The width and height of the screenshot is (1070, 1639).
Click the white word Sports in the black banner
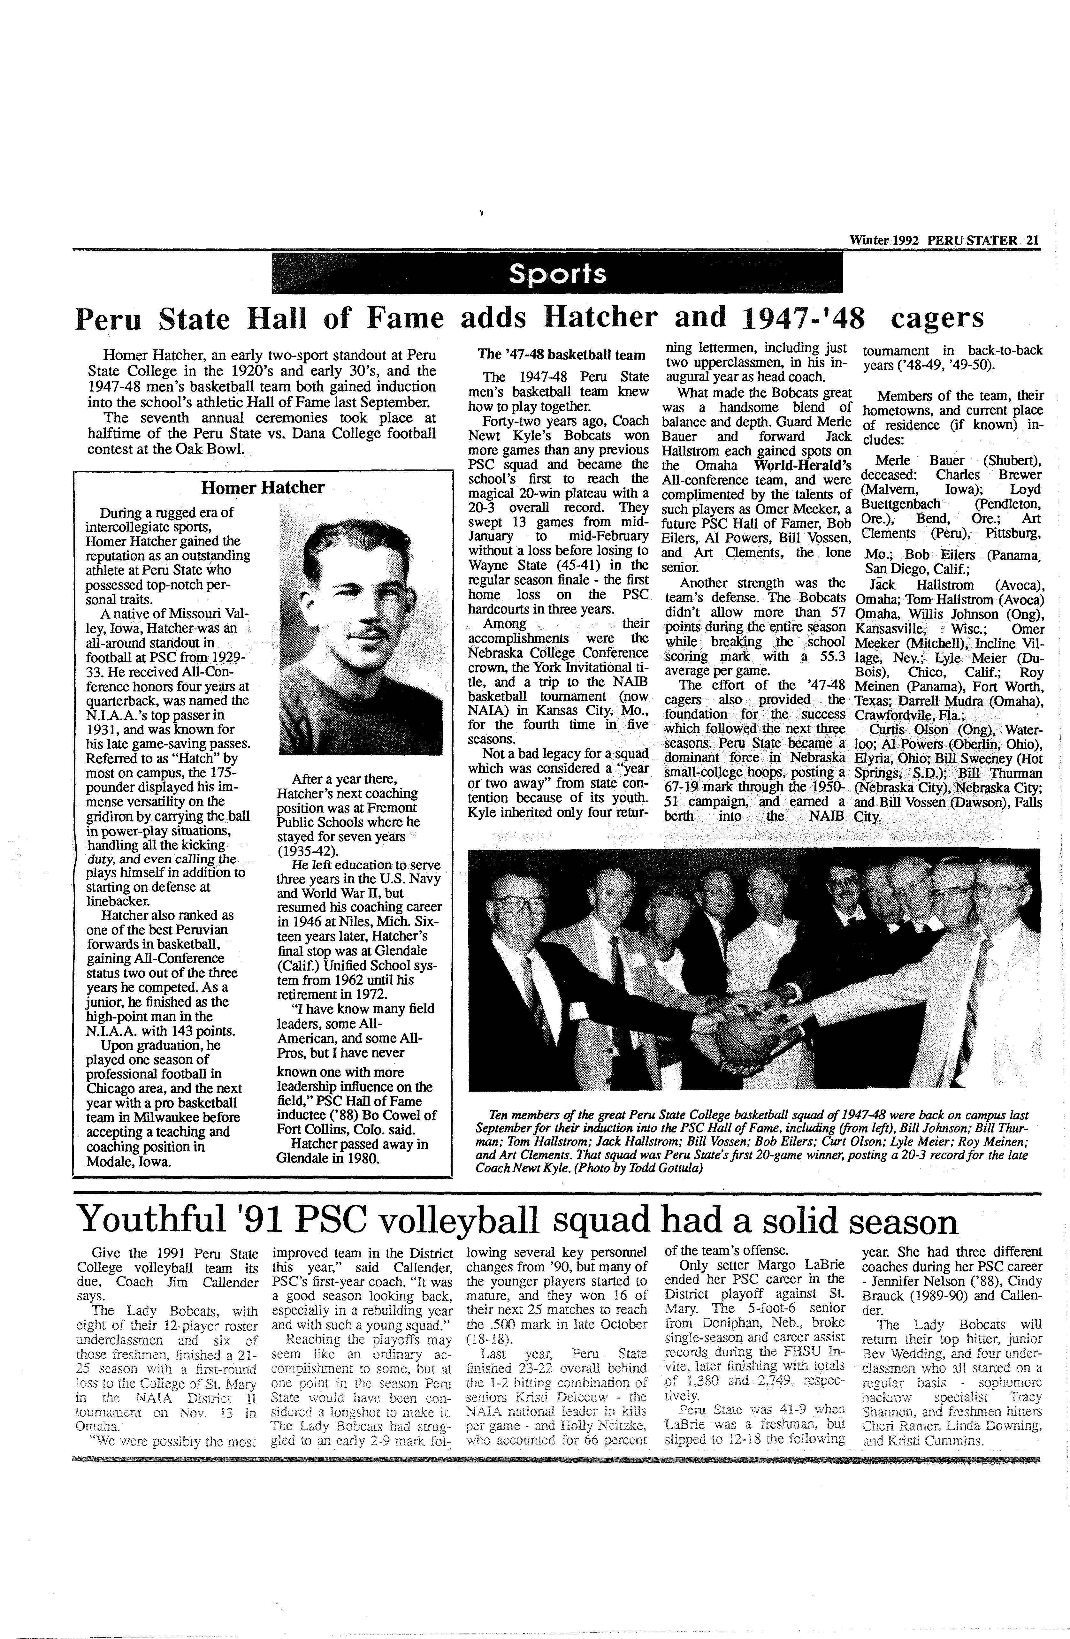tap(557, 274)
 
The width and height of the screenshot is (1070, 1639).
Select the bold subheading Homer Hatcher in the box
tap(262, 488)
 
